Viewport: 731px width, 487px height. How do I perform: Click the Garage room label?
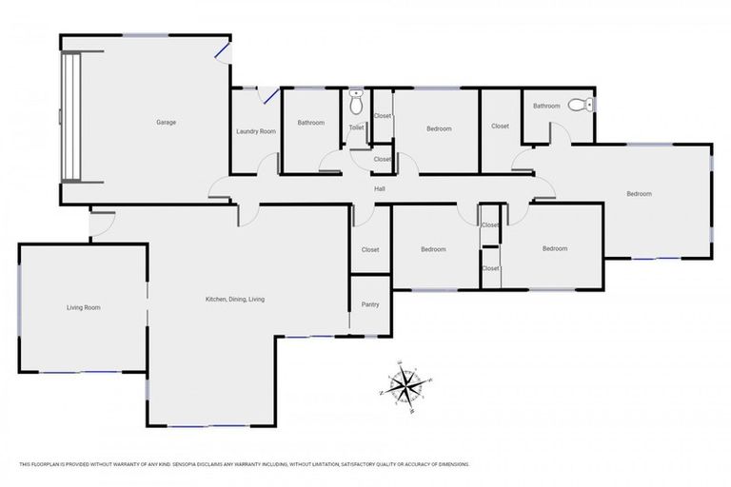[166, 122]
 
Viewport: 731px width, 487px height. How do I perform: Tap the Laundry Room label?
[255, 131]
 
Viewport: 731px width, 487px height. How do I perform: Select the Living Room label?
[83, 307]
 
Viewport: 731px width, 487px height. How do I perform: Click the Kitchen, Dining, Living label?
[235, 300]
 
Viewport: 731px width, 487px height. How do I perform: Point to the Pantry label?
[370, 304]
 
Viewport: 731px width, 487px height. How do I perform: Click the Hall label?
[379, 189]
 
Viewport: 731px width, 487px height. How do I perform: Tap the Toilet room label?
[356, 127]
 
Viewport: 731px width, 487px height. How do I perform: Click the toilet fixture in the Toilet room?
[356, 96]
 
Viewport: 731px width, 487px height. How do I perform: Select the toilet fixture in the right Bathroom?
[581, 106]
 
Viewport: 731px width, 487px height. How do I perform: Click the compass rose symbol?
[406, 385]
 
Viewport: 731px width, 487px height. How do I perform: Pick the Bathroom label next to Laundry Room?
[310, 123]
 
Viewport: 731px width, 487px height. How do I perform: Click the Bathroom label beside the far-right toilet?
[545, 106]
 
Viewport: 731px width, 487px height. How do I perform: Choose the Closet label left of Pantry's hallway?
[370, 250]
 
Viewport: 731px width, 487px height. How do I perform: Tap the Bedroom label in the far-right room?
[639, 194]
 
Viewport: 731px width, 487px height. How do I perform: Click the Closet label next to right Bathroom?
[500, 126]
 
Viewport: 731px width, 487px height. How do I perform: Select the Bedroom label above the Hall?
[439, 128]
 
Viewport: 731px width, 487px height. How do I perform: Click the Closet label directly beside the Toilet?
[382, 116]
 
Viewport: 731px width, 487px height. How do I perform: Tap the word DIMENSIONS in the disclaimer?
[450, 464]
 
